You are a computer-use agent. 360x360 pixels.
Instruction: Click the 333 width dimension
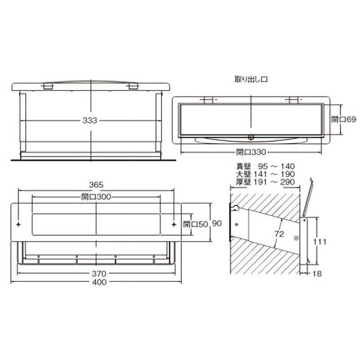point(90,120)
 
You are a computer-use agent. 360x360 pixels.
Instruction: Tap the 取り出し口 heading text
point(251,80)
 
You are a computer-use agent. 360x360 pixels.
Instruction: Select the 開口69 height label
point(343,119)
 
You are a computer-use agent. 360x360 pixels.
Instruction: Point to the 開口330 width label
point(251,152)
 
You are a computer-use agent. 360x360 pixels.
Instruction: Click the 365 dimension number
point(96,184)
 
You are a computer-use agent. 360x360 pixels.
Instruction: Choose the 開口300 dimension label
point(96,197)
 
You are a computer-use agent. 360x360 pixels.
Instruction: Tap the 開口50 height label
point(195,224)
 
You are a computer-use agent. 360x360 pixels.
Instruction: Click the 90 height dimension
point(217,223)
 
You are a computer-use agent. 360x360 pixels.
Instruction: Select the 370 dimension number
point(99,274)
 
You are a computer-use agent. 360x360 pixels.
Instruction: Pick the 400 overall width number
point(99,282)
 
